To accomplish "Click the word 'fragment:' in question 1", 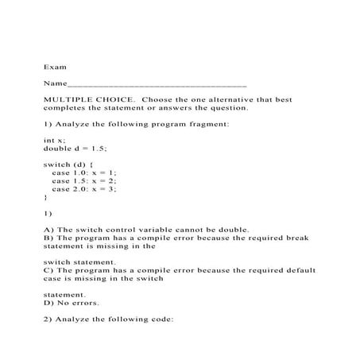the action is pyautogui.click(x=210, y=123).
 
